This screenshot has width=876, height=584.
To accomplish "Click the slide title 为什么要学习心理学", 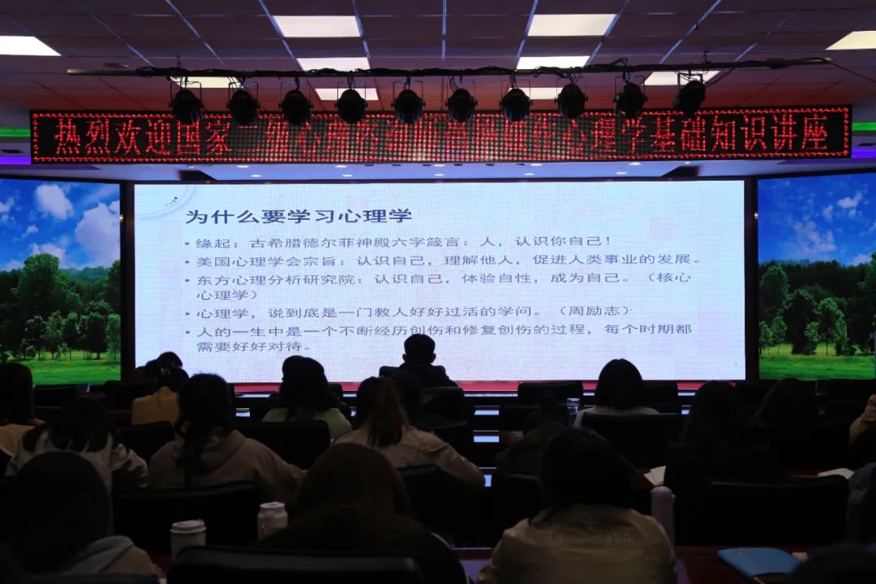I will [x=298, y=217].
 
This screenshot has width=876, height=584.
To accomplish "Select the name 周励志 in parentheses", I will [x=593, y=311].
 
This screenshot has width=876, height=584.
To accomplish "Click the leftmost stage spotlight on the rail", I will [x=187, y=105].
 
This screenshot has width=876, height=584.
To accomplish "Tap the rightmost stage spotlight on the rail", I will [x=690, y=96].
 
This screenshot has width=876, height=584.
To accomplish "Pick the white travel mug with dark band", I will [x=187, y=537].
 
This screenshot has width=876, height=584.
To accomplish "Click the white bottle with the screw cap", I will [x=272, y=518].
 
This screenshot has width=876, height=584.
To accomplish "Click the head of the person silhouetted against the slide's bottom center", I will [x=419, y=350].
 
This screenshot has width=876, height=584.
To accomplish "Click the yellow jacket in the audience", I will [x=156, y=405].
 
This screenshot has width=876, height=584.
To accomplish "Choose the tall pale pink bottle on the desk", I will [x=663, y=511].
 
